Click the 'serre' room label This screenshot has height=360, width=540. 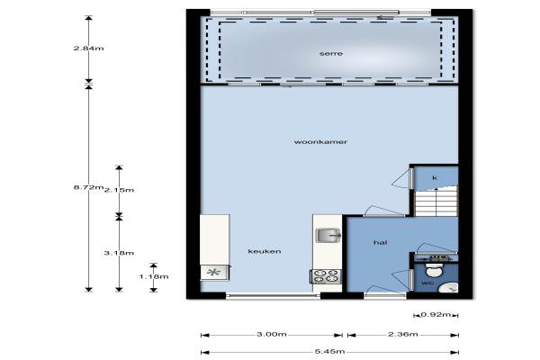click(330, 54)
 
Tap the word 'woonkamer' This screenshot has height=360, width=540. click(320, 141)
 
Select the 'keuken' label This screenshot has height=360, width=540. click(264, 251)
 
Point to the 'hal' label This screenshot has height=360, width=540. click(380, 242)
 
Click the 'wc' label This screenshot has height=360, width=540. click(427, 283)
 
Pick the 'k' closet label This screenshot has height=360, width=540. click(435, 178)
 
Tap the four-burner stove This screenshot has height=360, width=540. click(326, 276)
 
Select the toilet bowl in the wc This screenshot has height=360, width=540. click(434, 270)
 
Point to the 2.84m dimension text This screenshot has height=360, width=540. click(88, 49)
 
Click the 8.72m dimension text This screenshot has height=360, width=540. click(88, 187)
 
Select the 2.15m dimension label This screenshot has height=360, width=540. click(119, 190)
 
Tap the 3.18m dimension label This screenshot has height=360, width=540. click(119, 253)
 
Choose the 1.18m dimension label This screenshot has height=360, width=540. click(154, 276)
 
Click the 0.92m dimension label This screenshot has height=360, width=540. click(436, 314)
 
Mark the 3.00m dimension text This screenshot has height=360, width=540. click(272, 334)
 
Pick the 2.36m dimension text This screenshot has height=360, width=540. click(403, 334)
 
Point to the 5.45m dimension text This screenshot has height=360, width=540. click(329, 351)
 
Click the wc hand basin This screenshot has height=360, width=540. click(449, 287)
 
